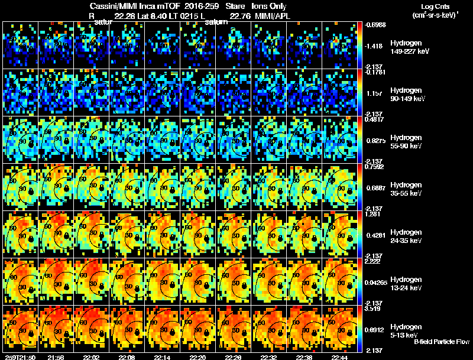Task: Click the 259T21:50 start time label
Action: tap(18, 357)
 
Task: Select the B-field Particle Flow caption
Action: tap(441, 342)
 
